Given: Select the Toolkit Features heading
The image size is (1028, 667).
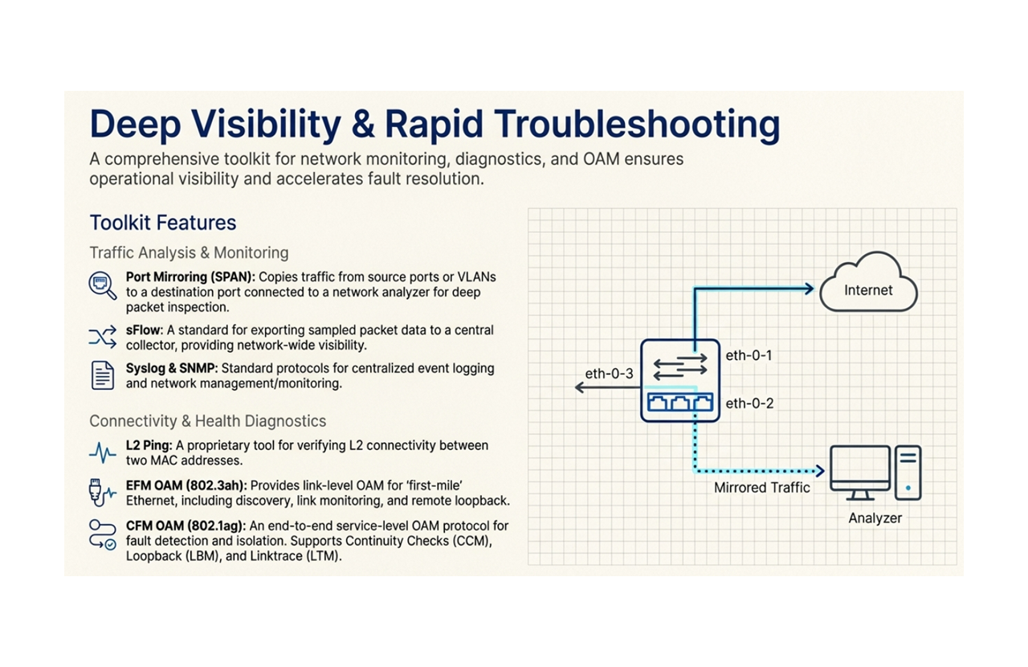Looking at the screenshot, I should (163, 223).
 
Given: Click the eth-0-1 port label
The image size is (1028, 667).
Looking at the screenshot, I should (749, 355).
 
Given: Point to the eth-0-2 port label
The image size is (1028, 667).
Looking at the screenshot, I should (749, 403).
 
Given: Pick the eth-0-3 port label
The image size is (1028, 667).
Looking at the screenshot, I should (609, 374).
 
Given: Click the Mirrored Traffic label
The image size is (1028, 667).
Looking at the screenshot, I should (761, 487).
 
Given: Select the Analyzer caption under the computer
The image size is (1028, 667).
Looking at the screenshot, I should (875, 518).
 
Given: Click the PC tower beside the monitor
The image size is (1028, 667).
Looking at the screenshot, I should (908, 472).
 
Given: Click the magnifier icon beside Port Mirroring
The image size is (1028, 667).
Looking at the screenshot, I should (102, 285).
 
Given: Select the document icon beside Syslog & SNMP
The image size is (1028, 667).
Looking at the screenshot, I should (103, 375).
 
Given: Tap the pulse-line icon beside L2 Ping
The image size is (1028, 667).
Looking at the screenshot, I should (103, 453).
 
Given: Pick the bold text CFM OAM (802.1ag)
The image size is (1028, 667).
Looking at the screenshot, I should (186, 526).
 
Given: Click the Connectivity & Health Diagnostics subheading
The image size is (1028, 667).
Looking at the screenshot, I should (207, 421).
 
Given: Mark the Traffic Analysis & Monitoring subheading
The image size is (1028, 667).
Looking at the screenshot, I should (189, 252).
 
